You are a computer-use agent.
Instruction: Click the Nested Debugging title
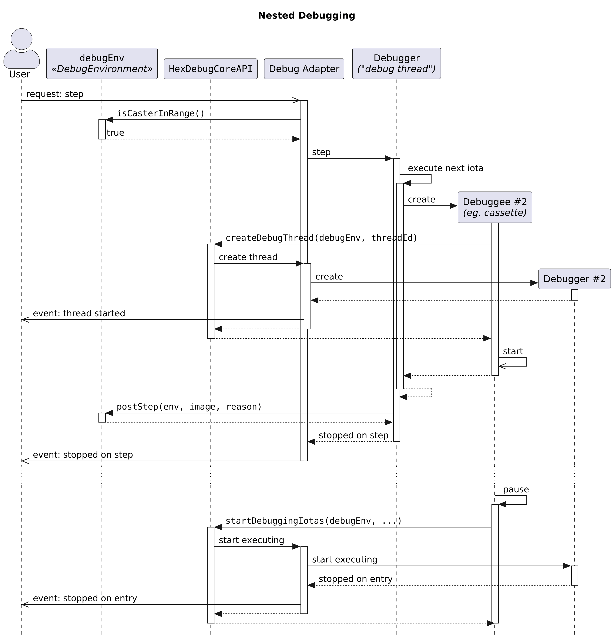tap(306, 15)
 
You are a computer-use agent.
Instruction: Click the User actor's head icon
tap(21, 39)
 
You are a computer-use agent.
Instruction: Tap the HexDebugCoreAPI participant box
tap(210, 69)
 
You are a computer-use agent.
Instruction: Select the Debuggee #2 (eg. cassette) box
tap(494, 207)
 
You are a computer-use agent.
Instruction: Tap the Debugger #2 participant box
tap(574, 279)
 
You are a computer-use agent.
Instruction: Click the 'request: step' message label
tap(55, 94)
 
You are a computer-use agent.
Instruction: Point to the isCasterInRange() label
tap(160, 113)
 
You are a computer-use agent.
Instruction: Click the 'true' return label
tap(115, 133)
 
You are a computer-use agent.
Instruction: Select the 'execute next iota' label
tap(445, 168)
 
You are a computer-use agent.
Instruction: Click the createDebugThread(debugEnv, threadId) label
tap(321, 238)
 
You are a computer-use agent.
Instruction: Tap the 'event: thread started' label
tap(79, 313)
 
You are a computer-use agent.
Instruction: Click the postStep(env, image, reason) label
tap(189, 407)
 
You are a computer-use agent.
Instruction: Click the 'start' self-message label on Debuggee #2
tap(513, 351)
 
